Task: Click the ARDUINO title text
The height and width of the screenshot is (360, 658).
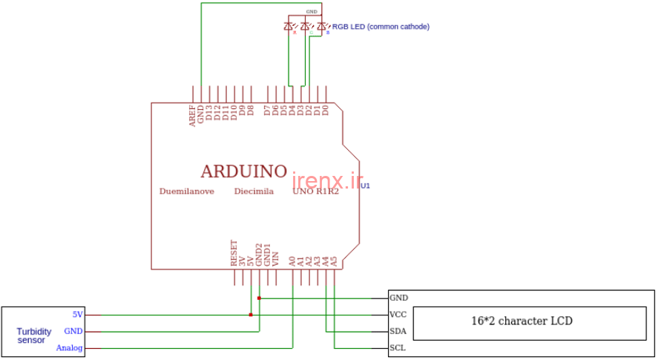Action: point(244,171)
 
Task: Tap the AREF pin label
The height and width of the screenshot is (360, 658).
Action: point(192,116)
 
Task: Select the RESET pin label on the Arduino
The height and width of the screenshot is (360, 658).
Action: point(234,253)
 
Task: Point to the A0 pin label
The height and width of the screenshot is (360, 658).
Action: point(292,261)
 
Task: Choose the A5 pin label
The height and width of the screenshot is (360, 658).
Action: point(334,261)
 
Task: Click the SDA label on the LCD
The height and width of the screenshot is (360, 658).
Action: point(398,331)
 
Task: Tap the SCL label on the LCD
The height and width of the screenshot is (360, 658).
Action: point(397,348)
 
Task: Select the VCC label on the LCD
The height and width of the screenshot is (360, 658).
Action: point(398,315)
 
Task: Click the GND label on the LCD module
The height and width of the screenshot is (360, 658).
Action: point(398,298)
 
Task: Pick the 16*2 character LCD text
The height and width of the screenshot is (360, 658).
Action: point(522,321)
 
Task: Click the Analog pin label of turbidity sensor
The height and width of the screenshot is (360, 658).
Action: point(70,348)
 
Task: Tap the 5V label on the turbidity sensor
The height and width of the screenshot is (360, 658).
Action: point(78,314)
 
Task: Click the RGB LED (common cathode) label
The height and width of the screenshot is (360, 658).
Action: point(381,27)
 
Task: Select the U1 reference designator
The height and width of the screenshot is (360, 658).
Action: point(365,186)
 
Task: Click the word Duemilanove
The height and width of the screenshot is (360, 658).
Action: point(187,192)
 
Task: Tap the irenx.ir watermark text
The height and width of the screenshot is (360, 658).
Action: point(327,181)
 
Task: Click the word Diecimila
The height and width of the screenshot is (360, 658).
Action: point(254,192)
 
